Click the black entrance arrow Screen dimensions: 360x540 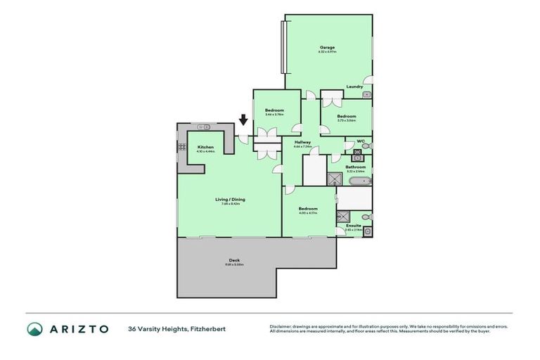(x=243, y=120)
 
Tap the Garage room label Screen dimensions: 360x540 (x=327, y=47)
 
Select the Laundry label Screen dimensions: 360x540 (x=354, y=86)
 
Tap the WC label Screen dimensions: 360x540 (x=360, y=141)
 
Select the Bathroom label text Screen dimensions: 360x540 (x=356, y=167)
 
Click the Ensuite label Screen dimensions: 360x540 (x=354, y=225)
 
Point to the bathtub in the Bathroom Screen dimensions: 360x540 (x=354, y=182)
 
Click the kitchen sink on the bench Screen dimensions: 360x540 (x=204, y=127)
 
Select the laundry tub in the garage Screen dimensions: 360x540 (x=366, y=94)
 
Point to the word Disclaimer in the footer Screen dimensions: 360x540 (x=280, y=326)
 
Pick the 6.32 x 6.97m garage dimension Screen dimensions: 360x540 (x=327, y=52)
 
